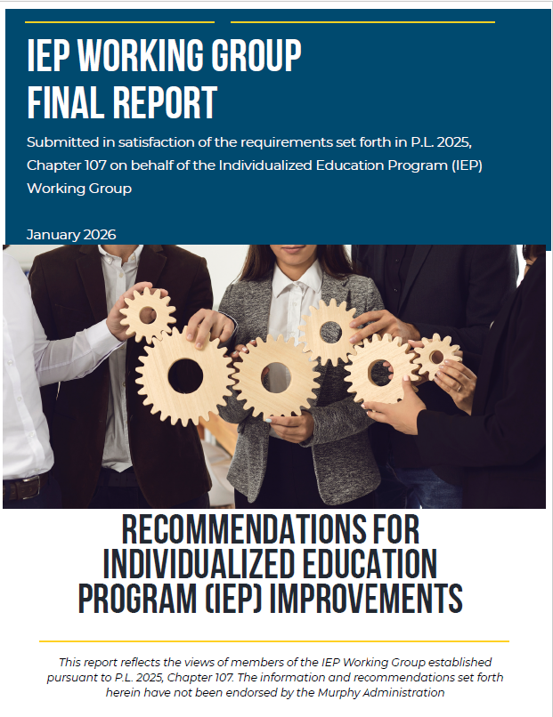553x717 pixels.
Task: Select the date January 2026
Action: tap(71, 235)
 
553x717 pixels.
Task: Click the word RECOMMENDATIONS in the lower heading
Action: tap(270, 531)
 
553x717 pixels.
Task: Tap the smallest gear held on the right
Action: tap(436, 357)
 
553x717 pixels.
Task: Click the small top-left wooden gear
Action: tap(148, 314)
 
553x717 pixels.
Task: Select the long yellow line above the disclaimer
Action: tap(274, 640)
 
